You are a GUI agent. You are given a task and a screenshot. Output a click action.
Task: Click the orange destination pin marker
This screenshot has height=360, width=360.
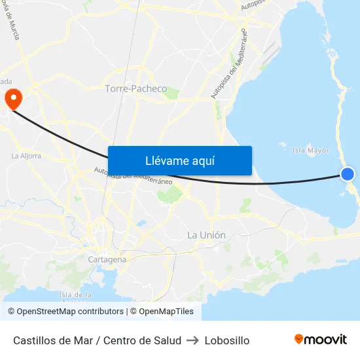coord(13,98)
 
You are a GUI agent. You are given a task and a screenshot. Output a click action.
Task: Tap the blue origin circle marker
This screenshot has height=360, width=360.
coord(348,173)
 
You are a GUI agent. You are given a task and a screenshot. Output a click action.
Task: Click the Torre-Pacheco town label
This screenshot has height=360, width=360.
coord(136,88)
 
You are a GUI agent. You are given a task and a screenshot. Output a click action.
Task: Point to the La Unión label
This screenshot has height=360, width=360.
coord(206,235)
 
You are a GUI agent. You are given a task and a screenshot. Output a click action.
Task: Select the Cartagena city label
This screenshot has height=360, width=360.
coord(107,260)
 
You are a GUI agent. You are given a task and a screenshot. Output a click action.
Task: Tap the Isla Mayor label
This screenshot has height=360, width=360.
coord(311,151)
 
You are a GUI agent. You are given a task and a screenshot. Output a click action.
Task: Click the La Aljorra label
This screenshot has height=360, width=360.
coord(26,156)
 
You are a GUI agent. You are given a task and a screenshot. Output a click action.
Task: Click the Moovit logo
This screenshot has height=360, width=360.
coord(321,340)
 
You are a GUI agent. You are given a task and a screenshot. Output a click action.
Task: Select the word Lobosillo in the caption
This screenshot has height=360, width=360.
coord(227,340)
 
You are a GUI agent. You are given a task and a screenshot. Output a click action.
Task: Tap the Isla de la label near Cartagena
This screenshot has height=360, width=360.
coord(75,295)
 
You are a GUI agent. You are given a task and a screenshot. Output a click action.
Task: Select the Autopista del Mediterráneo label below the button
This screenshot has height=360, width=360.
coord(133,176)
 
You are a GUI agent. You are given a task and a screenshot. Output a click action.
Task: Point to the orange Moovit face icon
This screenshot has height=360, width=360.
coord(299,339)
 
